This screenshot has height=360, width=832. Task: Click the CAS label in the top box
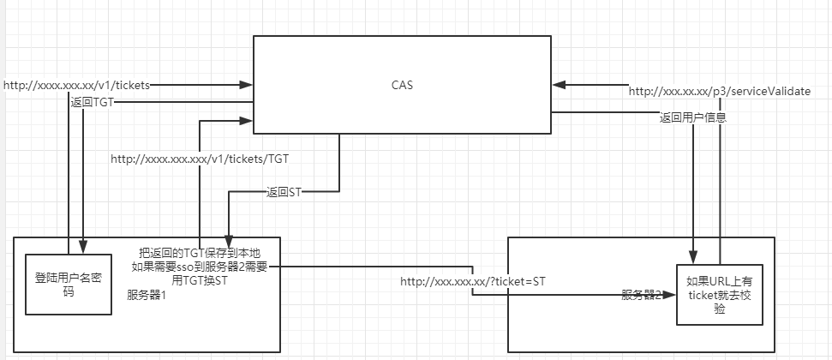tap(401, 84)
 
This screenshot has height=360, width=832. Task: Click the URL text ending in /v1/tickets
tap(77, 85)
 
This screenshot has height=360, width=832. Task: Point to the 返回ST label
tap(283, 192)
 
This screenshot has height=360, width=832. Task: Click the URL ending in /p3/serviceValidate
tap(720, 91)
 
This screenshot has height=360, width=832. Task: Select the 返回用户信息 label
tap(693, 117)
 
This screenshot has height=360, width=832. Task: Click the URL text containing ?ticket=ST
tap(473, 281)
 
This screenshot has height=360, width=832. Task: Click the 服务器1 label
tap(146, 295)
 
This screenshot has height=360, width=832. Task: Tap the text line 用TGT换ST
tap(199, 279)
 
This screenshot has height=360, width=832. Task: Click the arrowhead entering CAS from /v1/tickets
tap(247, 85)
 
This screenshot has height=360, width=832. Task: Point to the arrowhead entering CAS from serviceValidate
tap(559, 85)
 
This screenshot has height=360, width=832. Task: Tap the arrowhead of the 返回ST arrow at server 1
tap(228, 243)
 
